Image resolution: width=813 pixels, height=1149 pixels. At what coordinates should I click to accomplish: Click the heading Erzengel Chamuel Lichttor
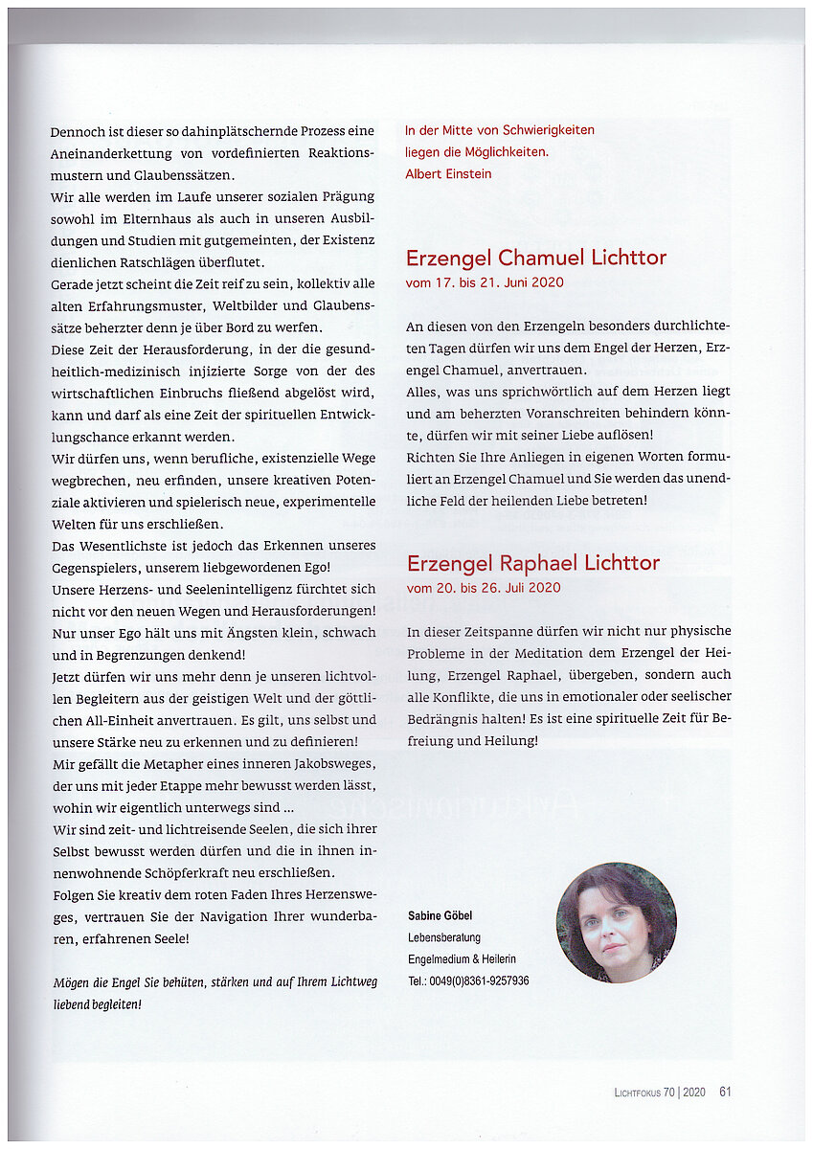click(x=535, y=258)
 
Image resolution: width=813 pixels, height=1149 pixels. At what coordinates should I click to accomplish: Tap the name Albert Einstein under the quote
click(x=448, y=174)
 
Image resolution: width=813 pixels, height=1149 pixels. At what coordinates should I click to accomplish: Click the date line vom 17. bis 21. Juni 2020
click(x=485, y=282)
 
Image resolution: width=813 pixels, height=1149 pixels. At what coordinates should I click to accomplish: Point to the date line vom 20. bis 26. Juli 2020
click(x=484, y=587)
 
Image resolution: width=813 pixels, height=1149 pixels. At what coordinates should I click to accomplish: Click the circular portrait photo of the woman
click(x=616, y=922)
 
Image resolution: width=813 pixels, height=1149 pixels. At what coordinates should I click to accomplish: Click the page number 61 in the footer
click(x=725, y=1092)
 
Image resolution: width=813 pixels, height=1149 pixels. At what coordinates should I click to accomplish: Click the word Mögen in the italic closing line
click(x=69, y=982)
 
